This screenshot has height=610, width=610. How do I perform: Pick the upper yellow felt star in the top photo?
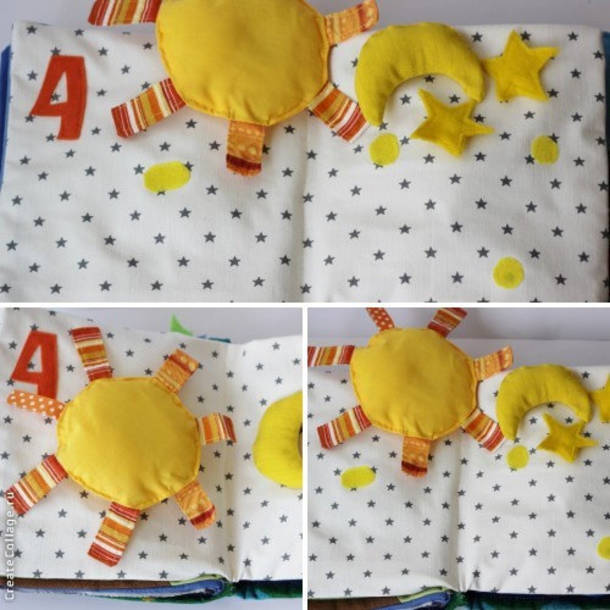(519, 67)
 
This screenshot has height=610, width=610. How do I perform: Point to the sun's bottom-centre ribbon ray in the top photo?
(244, 148)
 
